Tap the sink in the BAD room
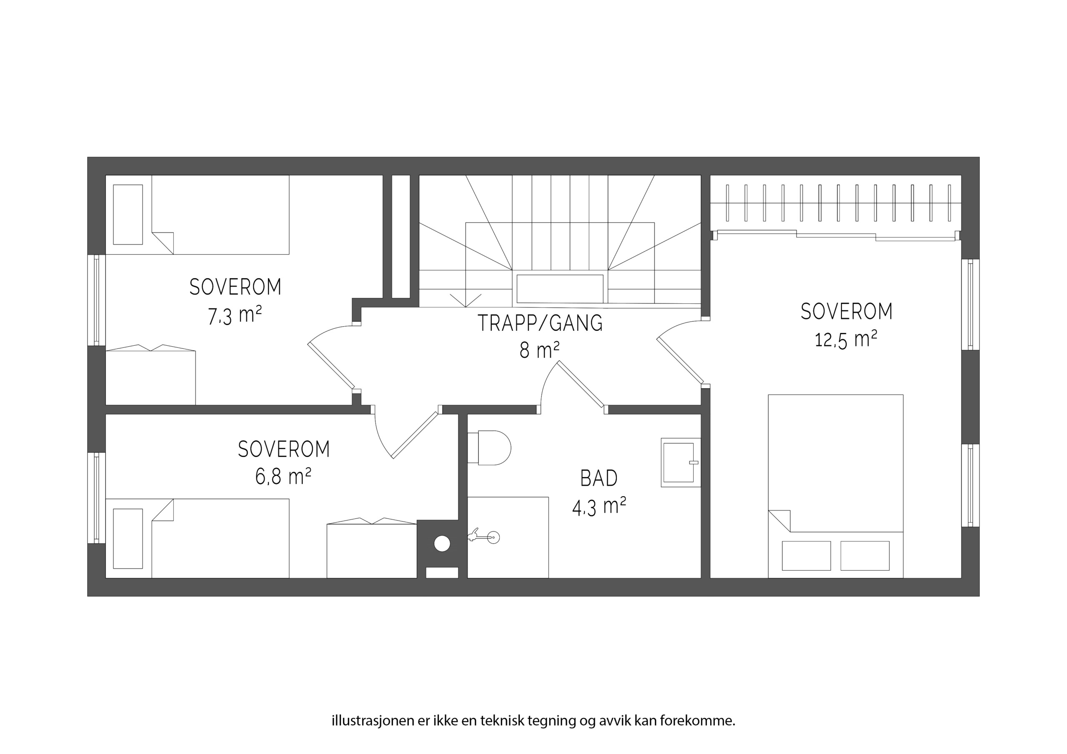point(681,462)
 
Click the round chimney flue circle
point(442,544)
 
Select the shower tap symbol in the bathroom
point(484,537)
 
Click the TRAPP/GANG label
point(540,323)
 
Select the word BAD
point(599,478)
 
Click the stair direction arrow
point(466,301)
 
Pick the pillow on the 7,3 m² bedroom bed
point(128,215)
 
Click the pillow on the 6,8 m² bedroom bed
point(128,539)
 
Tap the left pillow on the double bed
point(806,556)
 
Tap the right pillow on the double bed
point(865,556)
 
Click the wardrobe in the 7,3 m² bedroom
point(150,375)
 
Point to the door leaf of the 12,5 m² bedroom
point(680,361)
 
